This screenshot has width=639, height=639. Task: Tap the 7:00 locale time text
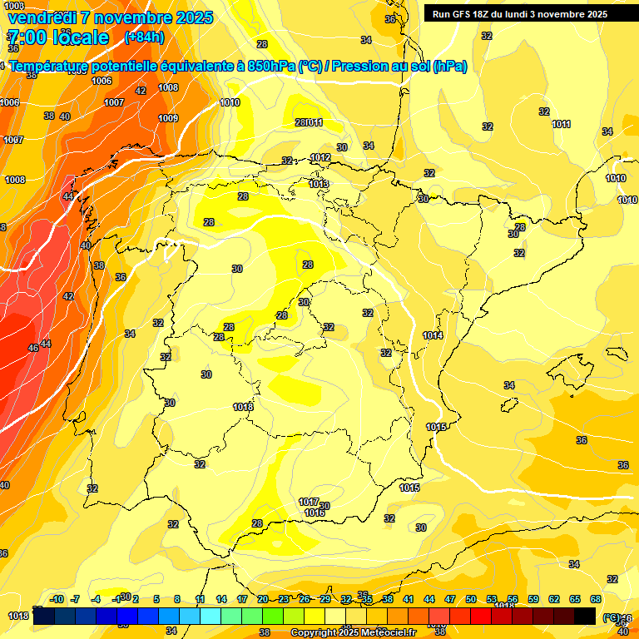click(x=57, y=37)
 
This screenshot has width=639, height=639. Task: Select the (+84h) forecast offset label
click(x=144, y=37)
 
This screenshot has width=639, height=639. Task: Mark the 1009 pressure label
click(x=168, y=118)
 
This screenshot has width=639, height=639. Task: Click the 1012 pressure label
click(x=320, y=157)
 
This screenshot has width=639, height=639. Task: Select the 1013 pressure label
click(x=319, y=184)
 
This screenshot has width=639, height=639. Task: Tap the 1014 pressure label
click(x=433, y=335)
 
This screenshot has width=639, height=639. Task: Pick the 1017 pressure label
click(x=309, y=502)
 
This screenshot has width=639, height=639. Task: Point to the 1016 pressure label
click(x=314, y=513)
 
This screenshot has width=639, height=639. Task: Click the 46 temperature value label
click(x=33, y=348)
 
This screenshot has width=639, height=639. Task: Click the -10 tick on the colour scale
click(x=57, y=599)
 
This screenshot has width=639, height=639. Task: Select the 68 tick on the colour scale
click(x=596, y=599)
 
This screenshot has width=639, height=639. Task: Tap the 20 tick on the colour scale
click(x=263, y=599)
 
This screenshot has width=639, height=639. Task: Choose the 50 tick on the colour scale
click(x=471, y=599)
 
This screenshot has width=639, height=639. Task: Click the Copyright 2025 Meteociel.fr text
click(x=353, y=633)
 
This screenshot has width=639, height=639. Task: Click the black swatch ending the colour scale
click(x=585, y=615)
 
